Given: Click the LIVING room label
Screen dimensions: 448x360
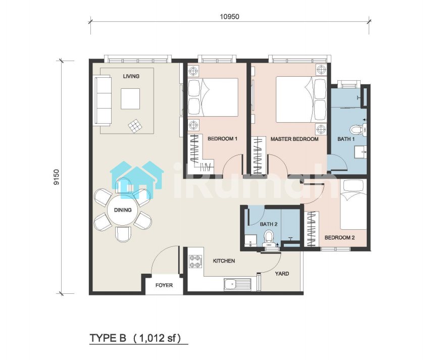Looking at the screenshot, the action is (131, 76).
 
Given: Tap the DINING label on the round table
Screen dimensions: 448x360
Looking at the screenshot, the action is (123, 210).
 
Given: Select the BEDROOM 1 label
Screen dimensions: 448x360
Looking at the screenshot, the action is (222, 139).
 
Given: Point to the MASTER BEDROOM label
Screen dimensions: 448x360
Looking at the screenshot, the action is (294, 139).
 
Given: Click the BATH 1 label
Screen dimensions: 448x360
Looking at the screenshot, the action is (346, 139).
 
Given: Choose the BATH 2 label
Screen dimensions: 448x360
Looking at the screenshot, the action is (269, 224).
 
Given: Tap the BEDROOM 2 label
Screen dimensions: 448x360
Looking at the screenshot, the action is (340, 238).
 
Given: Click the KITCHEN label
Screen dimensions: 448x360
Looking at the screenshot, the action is (224, 261).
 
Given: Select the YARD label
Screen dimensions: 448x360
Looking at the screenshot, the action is (282, 274).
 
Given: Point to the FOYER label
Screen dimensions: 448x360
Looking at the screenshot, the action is (164, 285).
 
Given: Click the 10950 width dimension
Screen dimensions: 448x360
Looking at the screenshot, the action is (229, 17).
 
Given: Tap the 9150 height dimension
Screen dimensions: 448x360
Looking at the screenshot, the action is (57, 177).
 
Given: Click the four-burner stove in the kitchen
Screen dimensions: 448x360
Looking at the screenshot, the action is (196, 262).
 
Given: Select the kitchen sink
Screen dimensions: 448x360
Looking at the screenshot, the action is (237, 285).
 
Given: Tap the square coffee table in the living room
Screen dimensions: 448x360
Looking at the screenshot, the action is (130, 99).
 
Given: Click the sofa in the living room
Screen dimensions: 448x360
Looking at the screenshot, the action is (103, 100).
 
